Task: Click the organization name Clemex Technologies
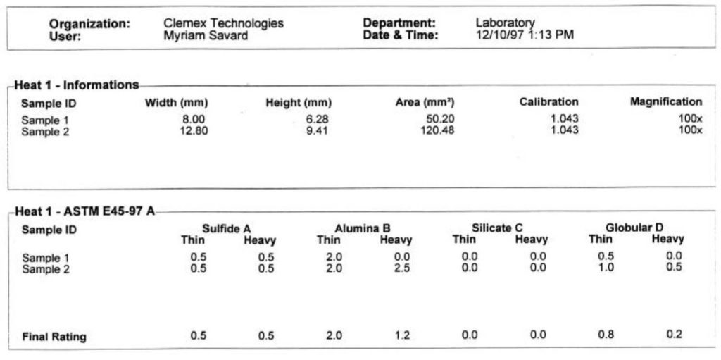coord(223,23)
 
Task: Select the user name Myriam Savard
coord(206,36)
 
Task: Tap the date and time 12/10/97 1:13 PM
coord(525,35)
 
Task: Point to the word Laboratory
coord(505,23)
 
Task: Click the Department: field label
coord(399,23)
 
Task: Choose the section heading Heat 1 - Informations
coord(77,85)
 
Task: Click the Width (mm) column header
coord(176,103)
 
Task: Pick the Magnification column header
coord(665,102)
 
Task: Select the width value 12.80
coord(194,130)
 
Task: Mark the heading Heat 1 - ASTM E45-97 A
coord(84,212)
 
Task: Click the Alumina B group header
coord(362,228)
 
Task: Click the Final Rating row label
coord(54,337)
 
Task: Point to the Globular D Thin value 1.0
coord(606,268)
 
